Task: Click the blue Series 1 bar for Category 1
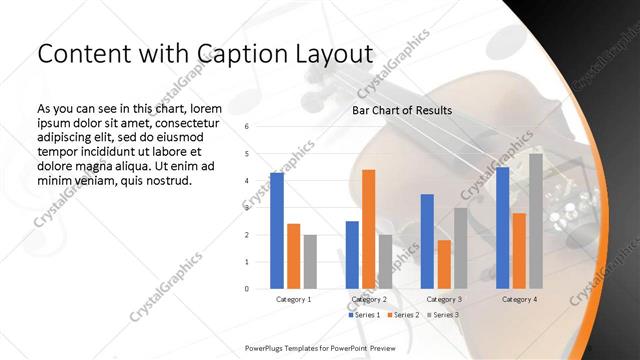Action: (277, 231)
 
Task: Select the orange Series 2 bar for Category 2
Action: (368, 229)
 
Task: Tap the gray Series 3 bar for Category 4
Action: (536, 221)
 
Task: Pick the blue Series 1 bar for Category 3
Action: (427, 241)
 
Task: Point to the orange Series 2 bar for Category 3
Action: (443, 264)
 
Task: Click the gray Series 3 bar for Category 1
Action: (310, 261)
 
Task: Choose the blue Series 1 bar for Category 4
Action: (503, 228)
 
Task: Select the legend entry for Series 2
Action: (403, 315)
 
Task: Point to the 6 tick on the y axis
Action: (246, 127)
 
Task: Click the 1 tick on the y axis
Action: (246, 262)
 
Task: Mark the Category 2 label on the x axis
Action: (368, 299)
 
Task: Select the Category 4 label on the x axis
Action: (519, 299)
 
